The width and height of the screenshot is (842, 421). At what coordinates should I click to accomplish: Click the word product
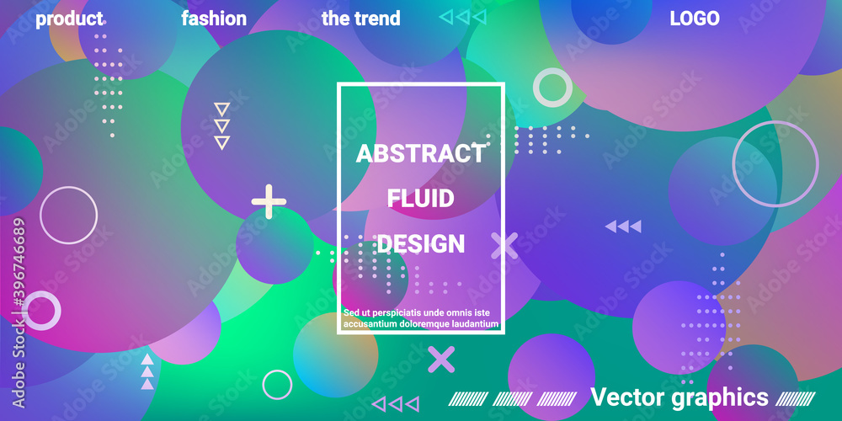click(x=69, y=19)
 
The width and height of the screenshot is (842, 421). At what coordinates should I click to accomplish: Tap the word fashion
click(x=214, y=19)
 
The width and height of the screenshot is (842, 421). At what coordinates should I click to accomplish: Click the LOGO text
click(x=695, y=19)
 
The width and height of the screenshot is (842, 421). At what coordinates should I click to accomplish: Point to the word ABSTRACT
click(x=420, y=154)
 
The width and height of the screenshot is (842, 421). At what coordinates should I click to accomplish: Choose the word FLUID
click(x=420, y=200)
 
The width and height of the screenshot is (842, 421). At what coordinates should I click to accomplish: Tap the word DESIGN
click(x=420, y=244)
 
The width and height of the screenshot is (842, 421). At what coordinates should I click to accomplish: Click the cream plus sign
click(x=269, y=201)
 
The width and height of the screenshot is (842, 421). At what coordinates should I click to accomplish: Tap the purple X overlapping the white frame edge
click(x=504, y=245)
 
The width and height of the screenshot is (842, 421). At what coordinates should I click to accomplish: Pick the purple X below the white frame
click(x=441, y=360)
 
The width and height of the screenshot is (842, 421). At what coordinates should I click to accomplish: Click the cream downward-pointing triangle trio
click(x=221, y=126)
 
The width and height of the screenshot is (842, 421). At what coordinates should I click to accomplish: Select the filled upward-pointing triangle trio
click(x=147, y=371)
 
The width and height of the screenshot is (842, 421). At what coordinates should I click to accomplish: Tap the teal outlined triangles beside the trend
click(x=463, y=17)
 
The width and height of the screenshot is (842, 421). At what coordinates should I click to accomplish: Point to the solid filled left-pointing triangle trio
click(x=623, y=226)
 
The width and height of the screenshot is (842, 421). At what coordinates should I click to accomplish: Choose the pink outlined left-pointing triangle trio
click(x=395, y=404)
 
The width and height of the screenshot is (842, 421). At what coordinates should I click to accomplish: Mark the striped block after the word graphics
click(x=796, y=398)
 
